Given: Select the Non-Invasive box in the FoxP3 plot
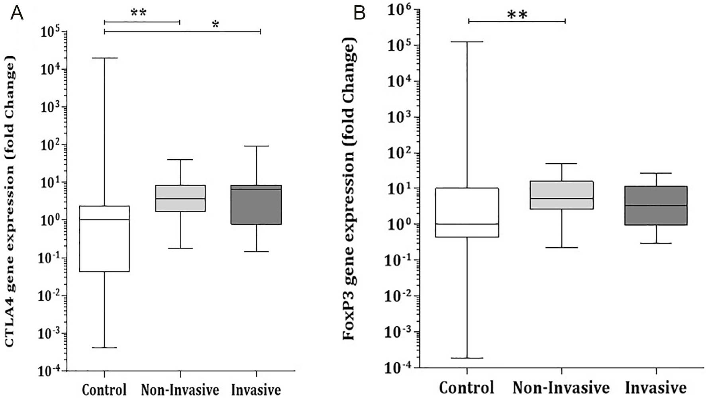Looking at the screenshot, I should [x=561, y=195].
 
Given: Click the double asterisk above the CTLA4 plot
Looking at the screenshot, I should [x=139, y=13].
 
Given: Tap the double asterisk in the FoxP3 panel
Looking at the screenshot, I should [x=517, y=15].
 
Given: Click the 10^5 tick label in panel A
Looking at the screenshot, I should [x=52, y=32].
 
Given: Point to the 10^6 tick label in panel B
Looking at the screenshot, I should [x=400, y=10].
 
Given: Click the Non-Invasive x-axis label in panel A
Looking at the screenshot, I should [x=180, y=389].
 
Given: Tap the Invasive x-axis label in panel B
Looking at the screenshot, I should [x=656, y=387].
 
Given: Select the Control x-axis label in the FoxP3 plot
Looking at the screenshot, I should [x=467, y=387].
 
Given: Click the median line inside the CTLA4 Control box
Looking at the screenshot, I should [x=104, y=219].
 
